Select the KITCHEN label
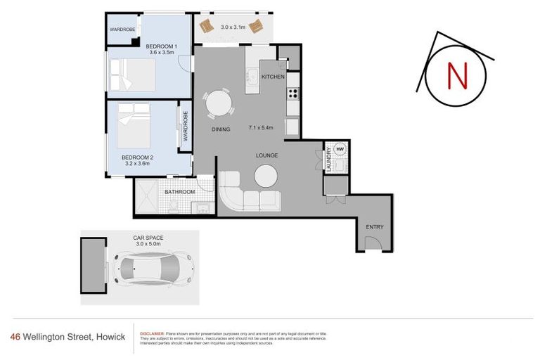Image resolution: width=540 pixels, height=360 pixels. (x=272, y=76)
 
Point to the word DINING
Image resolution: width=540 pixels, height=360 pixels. (x=221, y=129)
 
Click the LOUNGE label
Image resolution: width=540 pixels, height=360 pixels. (x=267, y=155)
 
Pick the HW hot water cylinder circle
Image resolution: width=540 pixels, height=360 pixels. (x=340, y=150)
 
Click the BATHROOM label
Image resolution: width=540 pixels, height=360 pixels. (x=179, y=191)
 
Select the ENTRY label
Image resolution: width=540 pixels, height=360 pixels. (x=374, y=226)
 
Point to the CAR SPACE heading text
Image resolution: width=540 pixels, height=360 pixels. (x=148, y=238)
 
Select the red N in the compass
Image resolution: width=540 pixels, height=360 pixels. (x=457, y=76)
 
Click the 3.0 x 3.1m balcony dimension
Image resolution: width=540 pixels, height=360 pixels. (x=232, y=27)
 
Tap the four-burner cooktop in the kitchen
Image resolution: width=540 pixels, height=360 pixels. (x=292, y=94)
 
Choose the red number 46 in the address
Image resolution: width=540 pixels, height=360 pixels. (x=15, y=337)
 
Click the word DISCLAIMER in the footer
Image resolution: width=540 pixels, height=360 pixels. (x=152, y=333)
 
